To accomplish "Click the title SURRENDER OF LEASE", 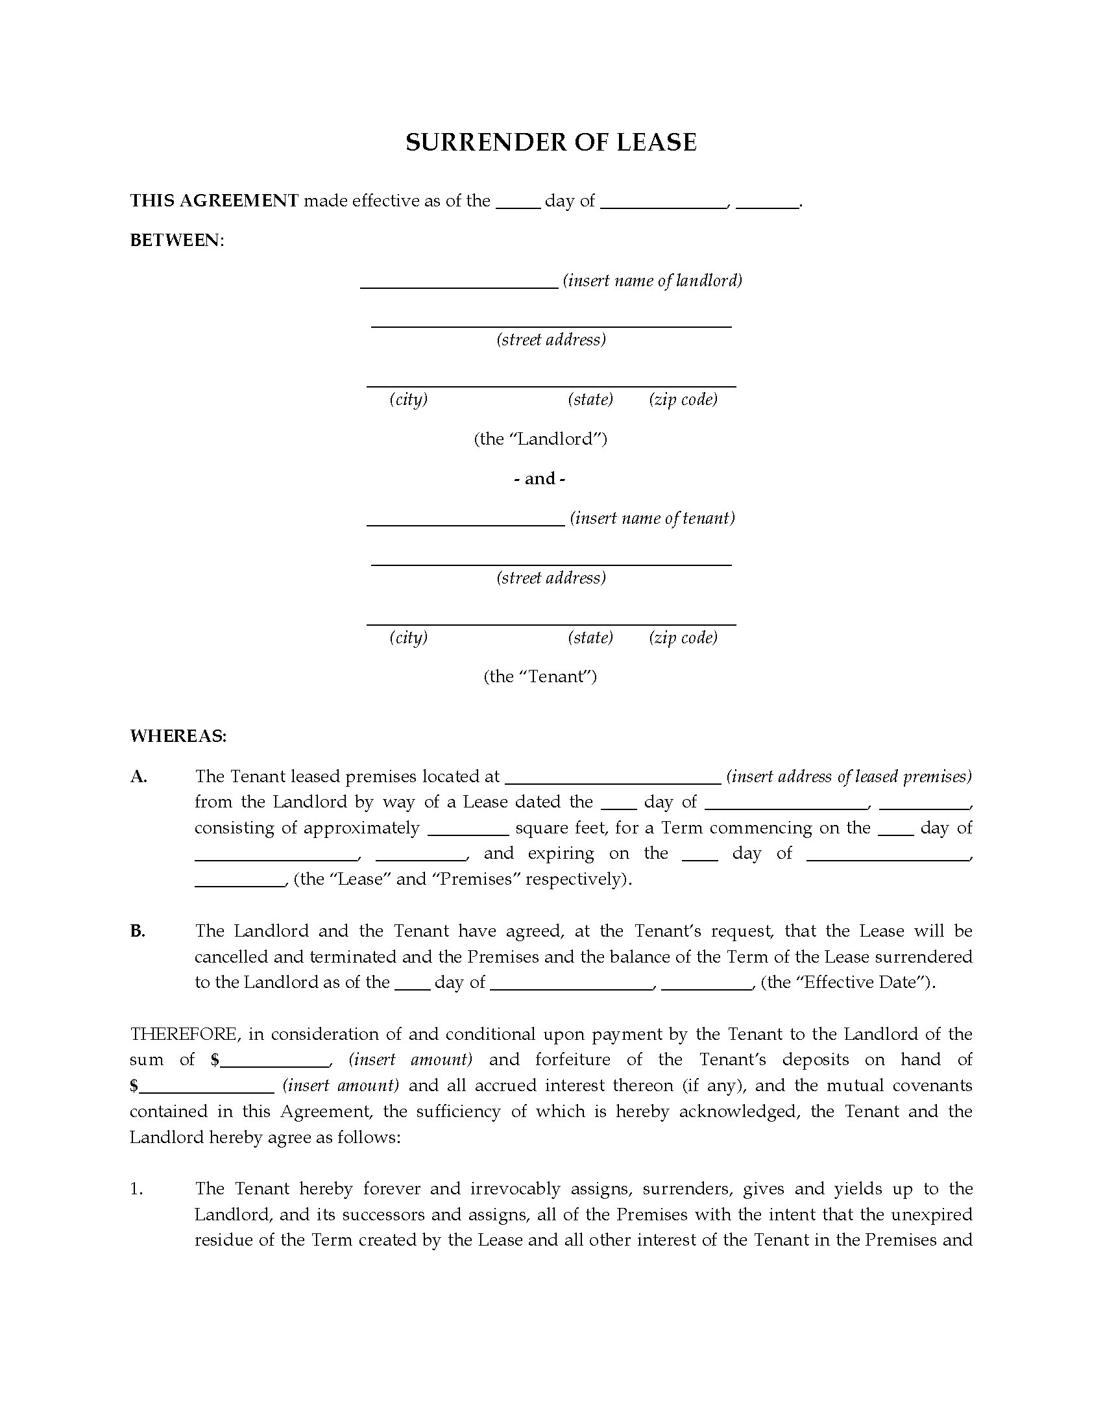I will coord(551,143).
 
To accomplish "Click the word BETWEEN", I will coord(175,240).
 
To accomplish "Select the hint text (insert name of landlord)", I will coord(653,280).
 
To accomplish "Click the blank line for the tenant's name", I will coord(465,520).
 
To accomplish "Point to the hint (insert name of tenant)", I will coord(652,518).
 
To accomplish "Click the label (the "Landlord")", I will coord(540,438).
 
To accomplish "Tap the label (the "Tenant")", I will coord(540,676).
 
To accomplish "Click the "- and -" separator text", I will coord(540,478).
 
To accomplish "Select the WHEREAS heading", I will coord(178,736).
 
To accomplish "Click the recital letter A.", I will coord(139,776).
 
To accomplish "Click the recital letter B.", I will coord(137,930).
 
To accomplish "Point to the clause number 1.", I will coord(136,1188).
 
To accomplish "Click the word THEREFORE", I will coord(184,1034).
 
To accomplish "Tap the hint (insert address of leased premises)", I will coord(849,776).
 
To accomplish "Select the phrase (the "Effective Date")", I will coord(848,982).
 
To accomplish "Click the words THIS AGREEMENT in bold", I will coord(214,200).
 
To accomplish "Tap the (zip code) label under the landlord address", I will coord(683,399).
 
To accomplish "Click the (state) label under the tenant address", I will coord(590,637).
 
